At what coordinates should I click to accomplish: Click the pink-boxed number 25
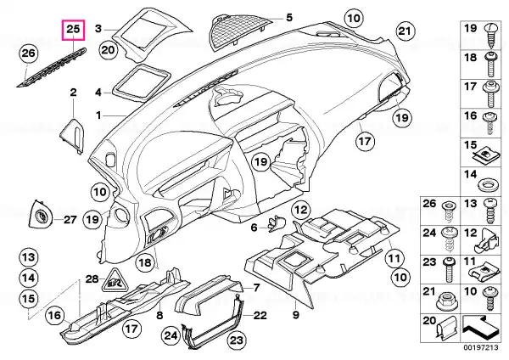coord(73,29)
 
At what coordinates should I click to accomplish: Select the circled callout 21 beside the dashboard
coord(405,31)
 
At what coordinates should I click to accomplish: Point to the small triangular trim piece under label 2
coord(72,135)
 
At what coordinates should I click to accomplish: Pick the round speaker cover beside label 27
coord(42,215)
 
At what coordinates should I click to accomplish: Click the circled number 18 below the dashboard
coord(145,262)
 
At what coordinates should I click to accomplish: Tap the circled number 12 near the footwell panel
coord(301,210)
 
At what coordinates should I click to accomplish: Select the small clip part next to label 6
coord(276,223)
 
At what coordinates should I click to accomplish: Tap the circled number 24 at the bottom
coord(171,335)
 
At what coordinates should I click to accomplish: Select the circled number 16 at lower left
coord(55,315)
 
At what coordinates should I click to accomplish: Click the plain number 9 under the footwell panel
coord(296,314)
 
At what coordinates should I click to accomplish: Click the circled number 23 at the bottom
coord(236,340)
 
